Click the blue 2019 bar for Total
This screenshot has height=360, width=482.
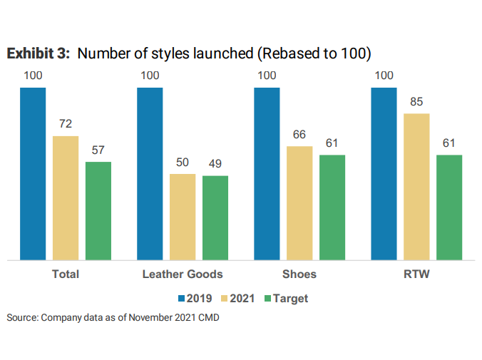[x=33, y=174]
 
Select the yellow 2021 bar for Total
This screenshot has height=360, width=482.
[x=66, y=198]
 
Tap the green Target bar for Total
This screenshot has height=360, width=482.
[x=98, y=211]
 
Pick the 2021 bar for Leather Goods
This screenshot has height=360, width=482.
[x=183, y=217]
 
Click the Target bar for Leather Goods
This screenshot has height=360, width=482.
[x=215, y=217]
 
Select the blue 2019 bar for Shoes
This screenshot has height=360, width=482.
[x=267, y=174]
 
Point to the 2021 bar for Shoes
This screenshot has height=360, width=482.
[x=299, y=203]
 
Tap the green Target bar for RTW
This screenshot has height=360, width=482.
[x=449, y=207]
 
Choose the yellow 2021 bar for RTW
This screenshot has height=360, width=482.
[x=416, y=187]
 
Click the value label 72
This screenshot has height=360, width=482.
[x=66, y=124]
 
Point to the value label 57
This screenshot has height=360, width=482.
[x=98, y=150]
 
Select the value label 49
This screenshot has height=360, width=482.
[x=215, y=164]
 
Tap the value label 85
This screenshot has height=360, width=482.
[x=416, y=101]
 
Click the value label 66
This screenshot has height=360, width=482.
[x=299, y=135]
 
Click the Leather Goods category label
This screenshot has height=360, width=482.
[x=183, y=274]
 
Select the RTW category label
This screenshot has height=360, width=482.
[x=416, y=274]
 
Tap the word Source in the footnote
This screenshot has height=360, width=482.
[x=21, y=318]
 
